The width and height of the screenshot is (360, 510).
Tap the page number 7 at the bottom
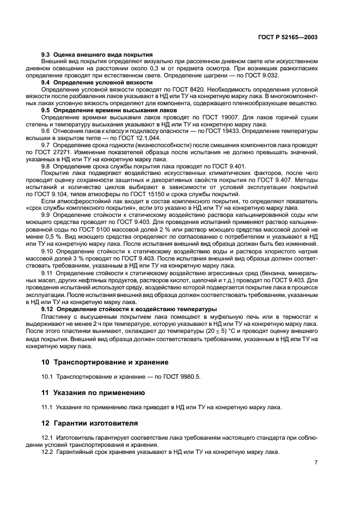pyautogui.click(x=316, y=462)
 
